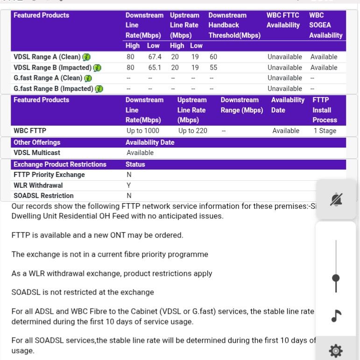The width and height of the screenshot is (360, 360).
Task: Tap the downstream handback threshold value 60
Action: pos(213,57)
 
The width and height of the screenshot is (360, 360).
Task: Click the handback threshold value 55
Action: pos(213,68)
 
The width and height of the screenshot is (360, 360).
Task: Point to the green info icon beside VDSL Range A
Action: pos(86,57)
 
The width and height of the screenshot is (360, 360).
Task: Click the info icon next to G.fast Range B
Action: pos(99,89)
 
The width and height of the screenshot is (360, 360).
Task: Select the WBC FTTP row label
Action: pos(30,131)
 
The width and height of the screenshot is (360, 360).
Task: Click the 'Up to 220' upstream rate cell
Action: pos(193,131)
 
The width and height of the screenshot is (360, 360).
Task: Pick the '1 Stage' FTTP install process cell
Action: pos(325,131)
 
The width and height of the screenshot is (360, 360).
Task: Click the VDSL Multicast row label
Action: pos(37,153)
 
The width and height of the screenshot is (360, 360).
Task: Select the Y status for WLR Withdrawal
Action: pos(129,185)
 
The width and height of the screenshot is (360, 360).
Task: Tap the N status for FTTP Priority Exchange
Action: pos(129,175)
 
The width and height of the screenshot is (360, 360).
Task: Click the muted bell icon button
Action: pos(336,200)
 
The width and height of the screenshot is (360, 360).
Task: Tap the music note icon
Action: pos(336,316)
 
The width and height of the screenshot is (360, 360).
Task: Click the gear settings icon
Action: pos(336,351)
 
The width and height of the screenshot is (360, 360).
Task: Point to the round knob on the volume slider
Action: pos(336,278)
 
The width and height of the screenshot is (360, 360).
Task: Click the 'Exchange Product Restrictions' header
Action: pos(60,164)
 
